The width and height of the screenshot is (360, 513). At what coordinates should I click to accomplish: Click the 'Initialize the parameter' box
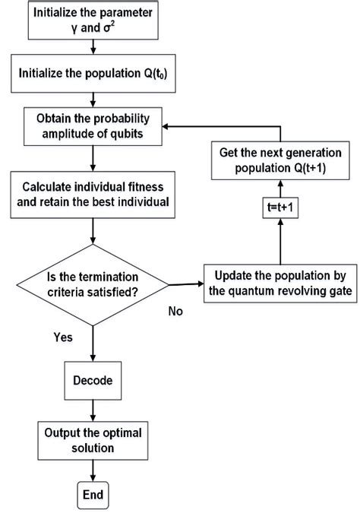(x=92, y=21)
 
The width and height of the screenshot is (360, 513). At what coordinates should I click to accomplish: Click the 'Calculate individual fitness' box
(x=92, y=193)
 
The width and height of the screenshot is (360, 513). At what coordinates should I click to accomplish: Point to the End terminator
(x=92, y=496)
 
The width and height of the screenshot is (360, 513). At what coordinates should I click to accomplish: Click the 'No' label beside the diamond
(x=176, y=311)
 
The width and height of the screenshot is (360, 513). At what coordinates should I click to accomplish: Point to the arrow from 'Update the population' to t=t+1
(x=280, y=243)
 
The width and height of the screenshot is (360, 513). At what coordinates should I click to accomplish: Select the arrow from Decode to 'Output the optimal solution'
(x=92, y=412)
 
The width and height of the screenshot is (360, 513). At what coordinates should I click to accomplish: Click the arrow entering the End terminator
(x=92, y=471)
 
